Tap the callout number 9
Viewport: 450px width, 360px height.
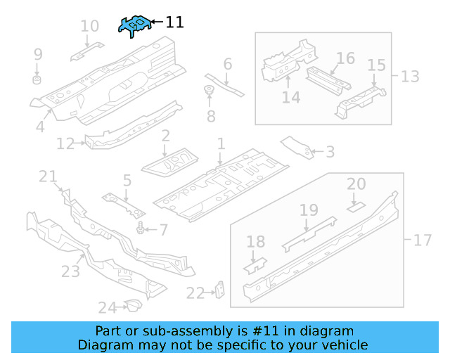38,53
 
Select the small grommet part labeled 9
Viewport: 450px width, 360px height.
38,75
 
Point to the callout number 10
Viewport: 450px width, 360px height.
89,27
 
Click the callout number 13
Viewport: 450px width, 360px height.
410,76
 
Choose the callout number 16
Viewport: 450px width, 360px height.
345,58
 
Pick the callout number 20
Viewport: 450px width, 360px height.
356,184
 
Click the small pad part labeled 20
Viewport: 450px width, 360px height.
356,207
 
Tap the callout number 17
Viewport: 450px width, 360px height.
422,240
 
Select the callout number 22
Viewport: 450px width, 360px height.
195,292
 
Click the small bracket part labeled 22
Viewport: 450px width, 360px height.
219,288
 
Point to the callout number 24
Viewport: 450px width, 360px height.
106,307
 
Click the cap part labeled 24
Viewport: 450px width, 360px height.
131,304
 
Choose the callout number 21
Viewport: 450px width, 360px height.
48,176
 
